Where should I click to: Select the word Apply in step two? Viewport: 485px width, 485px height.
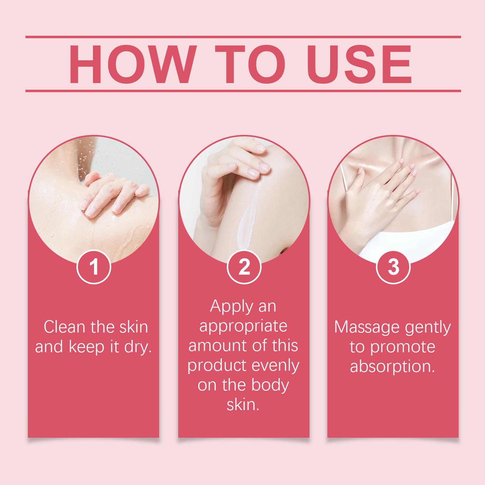230,307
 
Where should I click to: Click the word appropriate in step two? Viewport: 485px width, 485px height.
243,326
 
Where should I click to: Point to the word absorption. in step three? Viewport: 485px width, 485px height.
393,367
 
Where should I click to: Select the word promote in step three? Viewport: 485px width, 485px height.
403,347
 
